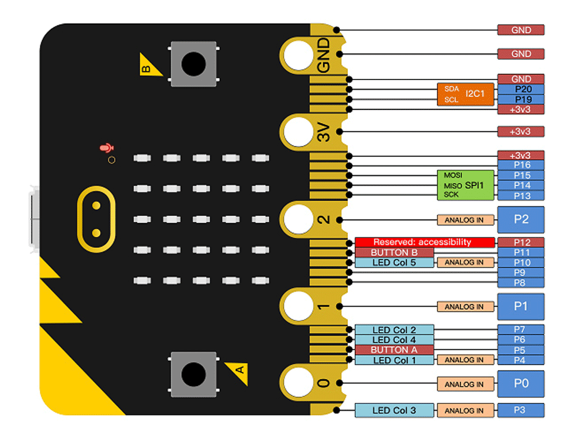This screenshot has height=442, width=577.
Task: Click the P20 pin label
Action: click(521, 89)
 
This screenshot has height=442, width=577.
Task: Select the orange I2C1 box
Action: click(466, 95)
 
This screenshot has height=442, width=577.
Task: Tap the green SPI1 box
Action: click(466, 185)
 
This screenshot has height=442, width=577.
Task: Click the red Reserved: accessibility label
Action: click(425, 243)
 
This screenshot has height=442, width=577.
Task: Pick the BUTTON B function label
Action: click(394, 252)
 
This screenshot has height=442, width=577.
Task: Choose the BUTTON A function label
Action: click(394, 350)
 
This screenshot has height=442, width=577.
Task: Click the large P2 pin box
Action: click(521, 220)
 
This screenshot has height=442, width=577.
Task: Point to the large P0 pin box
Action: click(521, 384)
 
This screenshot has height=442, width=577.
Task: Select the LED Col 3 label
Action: click(394, 411)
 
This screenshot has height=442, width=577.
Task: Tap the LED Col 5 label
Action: click(394, 262)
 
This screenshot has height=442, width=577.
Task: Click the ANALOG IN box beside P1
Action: click(466, 307)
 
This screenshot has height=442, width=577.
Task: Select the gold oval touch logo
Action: click(96, 220)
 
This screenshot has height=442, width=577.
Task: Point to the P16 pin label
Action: click(521, 165)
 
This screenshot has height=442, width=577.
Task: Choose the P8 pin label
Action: click(521, 282)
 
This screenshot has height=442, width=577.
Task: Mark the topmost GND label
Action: click(521, 30)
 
